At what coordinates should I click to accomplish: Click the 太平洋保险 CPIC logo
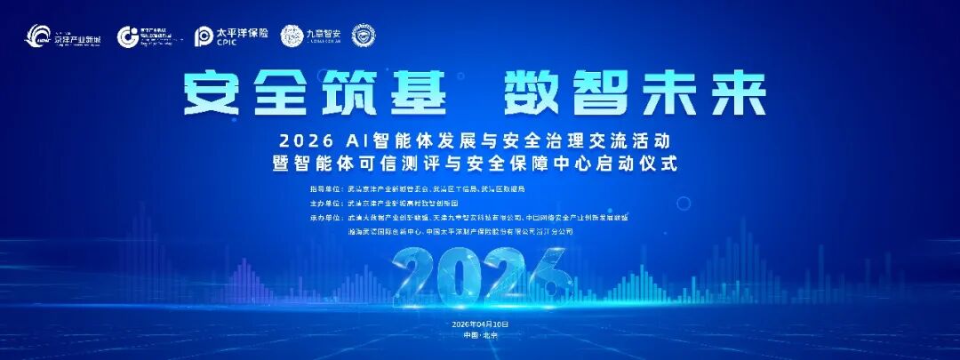pyautogui.click(x=230, y=36)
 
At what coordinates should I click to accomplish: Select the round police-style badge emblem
pyautogui.click(x=363, y=36)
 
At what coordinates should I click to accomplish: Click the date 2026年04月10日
pyautogui.click(x=479, y=324)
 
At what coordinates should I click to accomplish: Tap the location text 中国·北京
pyautogui.click(x=479, y=337)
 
